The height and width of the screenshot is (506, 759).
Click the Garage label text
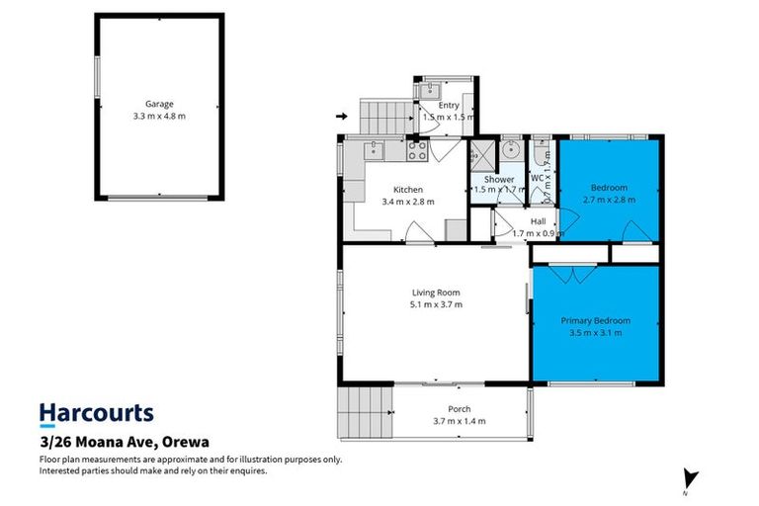pos(159,103)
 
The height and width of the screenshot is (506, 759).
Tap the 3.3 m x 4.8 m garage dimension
pos(159,116)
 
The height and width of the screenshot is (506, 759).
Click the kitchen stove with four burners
pos(417,151)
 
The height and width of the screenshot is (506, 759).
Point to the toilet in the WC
pos(542,153)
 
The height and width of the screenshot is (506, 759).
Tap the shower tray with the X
pos(481,155)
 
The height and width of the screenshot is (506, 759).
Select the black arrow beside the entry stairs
pos(342,117)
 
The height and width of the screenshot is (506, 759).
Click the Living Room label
pos(436,293)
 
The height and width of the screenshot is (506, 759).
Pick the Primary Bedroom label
pos(595,320)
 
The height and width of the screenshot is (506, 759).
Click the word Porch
pos(459,409)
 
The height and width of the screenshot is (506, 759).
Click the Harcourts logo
pos(96,413)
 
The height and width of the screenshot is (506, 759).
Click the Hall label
pos(539,221)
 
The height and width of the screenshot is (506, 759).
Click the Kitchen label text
pos(408,190)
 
